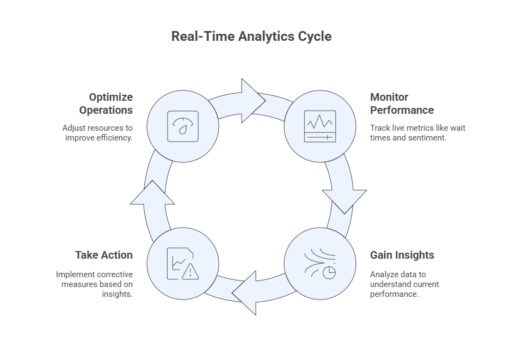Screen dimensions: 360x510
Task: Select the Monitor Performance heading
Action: pos(402,103)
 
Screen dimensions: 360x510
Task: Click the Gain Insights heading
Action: pos(402,255)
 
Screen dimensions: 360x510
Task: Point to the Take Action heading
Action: pos(103,255)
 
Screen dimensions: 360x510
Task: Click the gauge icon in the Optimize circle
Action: pos(182,126)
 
